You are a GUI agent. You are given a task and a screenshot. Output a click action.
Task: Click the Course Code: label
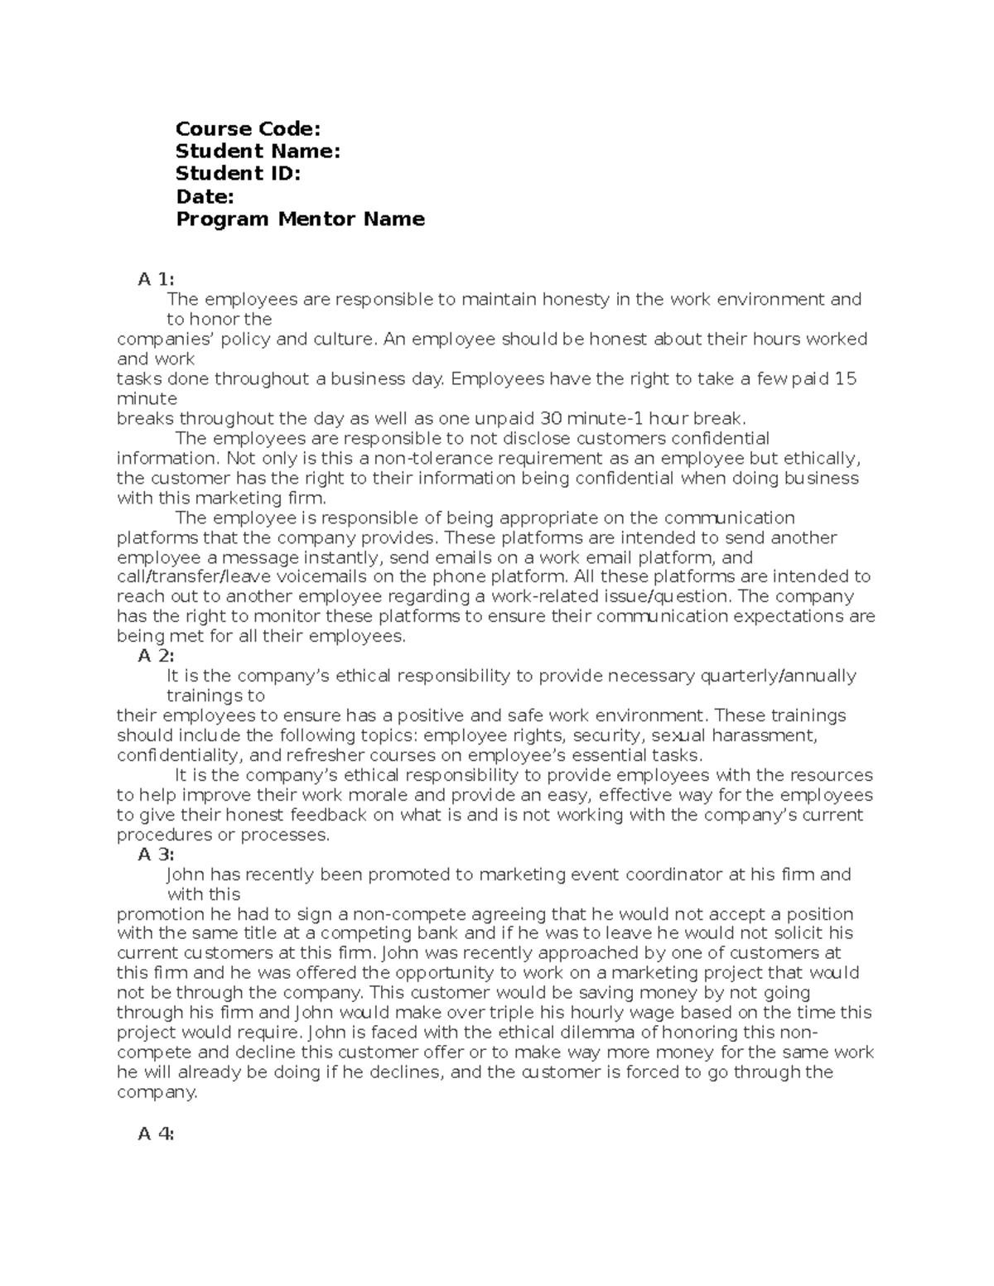pyautogui.click(x=248, y=128)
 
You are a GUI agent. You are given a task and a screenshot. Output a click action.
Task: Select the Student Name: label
pyautogui.click(x=258, y=151)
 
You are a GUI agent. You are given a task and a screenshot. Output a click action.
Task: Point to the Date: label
pyautogui.click(x=205, y=196)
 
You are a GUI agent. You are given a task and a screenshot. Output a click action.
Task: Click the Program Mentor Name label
pyautogui.click(x=300, y=219)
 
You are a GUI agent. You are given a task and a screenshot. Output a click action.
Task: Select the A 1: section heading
pyautogui.click(x=156, y=279)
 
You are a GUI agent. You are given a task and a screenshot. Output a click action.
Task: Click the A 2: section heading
pyautogui.click(x=156, y=656)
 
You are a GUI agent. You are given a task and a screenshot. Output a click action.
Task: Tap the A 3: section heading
pyautogui.click(x=156, y=855)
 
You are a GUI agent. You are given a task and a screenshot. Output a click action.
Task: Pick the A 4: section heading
pyautogui.click(x=156, y=1134)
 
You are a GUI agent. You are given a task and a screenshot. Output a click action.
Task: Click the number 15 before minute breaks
pyautogui.click(x=845, y=378)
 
